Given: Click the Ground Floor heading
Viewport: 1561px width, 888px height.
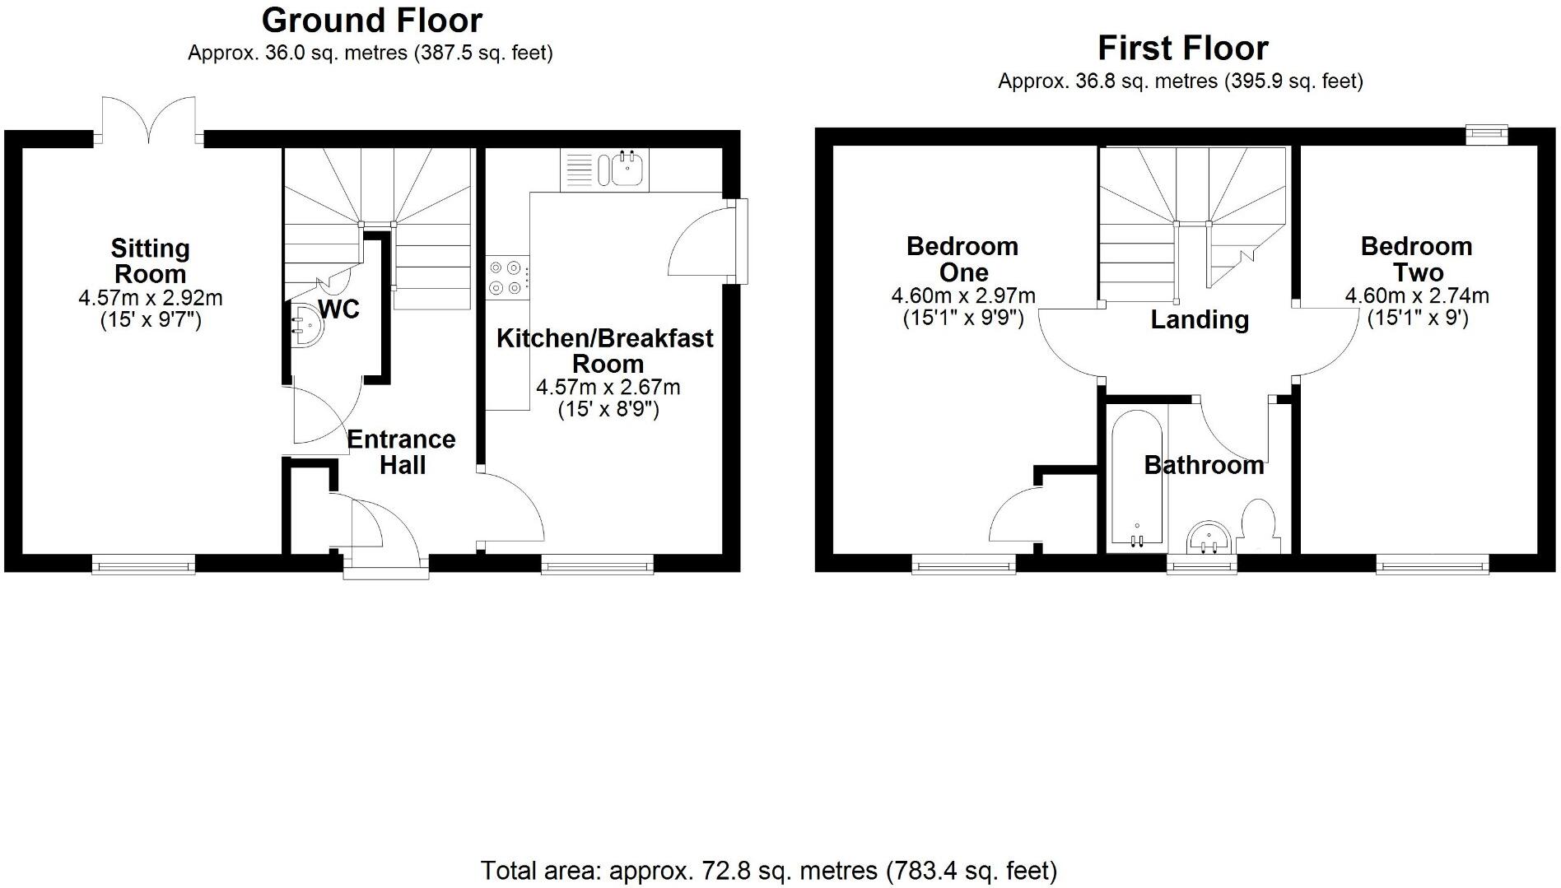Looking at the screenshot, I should click(x=371, y=21).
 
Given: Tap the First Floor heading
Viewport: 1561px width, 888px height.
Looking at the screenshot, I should click(x=1182, y=49).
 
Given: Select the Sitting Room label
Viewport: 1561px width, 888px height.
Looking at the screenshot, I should click(x=150, y=261).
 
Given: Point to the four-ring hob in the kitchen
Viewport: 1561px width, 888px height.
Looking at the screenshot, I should click(x=506, y=277).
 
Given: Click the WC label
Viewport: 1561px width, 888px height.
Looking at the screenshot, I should click(x=338, y=309).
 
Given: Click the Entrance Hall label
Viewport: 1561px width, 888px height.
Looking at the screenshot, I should click(x=402, y=452).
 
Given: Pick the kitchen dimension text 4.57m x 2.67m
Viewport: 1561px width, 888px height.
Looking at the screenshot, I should click(x=608, y=387).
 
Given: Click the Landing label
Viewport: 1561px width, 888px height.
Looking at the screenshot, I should click(x=1199, y=319).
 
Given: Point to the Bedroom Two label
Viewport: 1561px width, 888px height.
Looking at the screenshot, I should click(x=1416, y=259).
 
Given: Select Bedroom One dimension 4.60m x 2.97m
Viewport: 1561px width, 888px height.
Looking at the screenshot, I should click(x=962, y=296).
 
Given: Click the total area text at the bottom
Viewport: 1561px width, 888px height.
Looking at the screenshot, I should click(x=768, y=870).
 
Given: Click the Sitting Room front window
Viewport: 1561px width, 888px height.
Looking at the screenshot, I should click(x=143, y=564).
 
